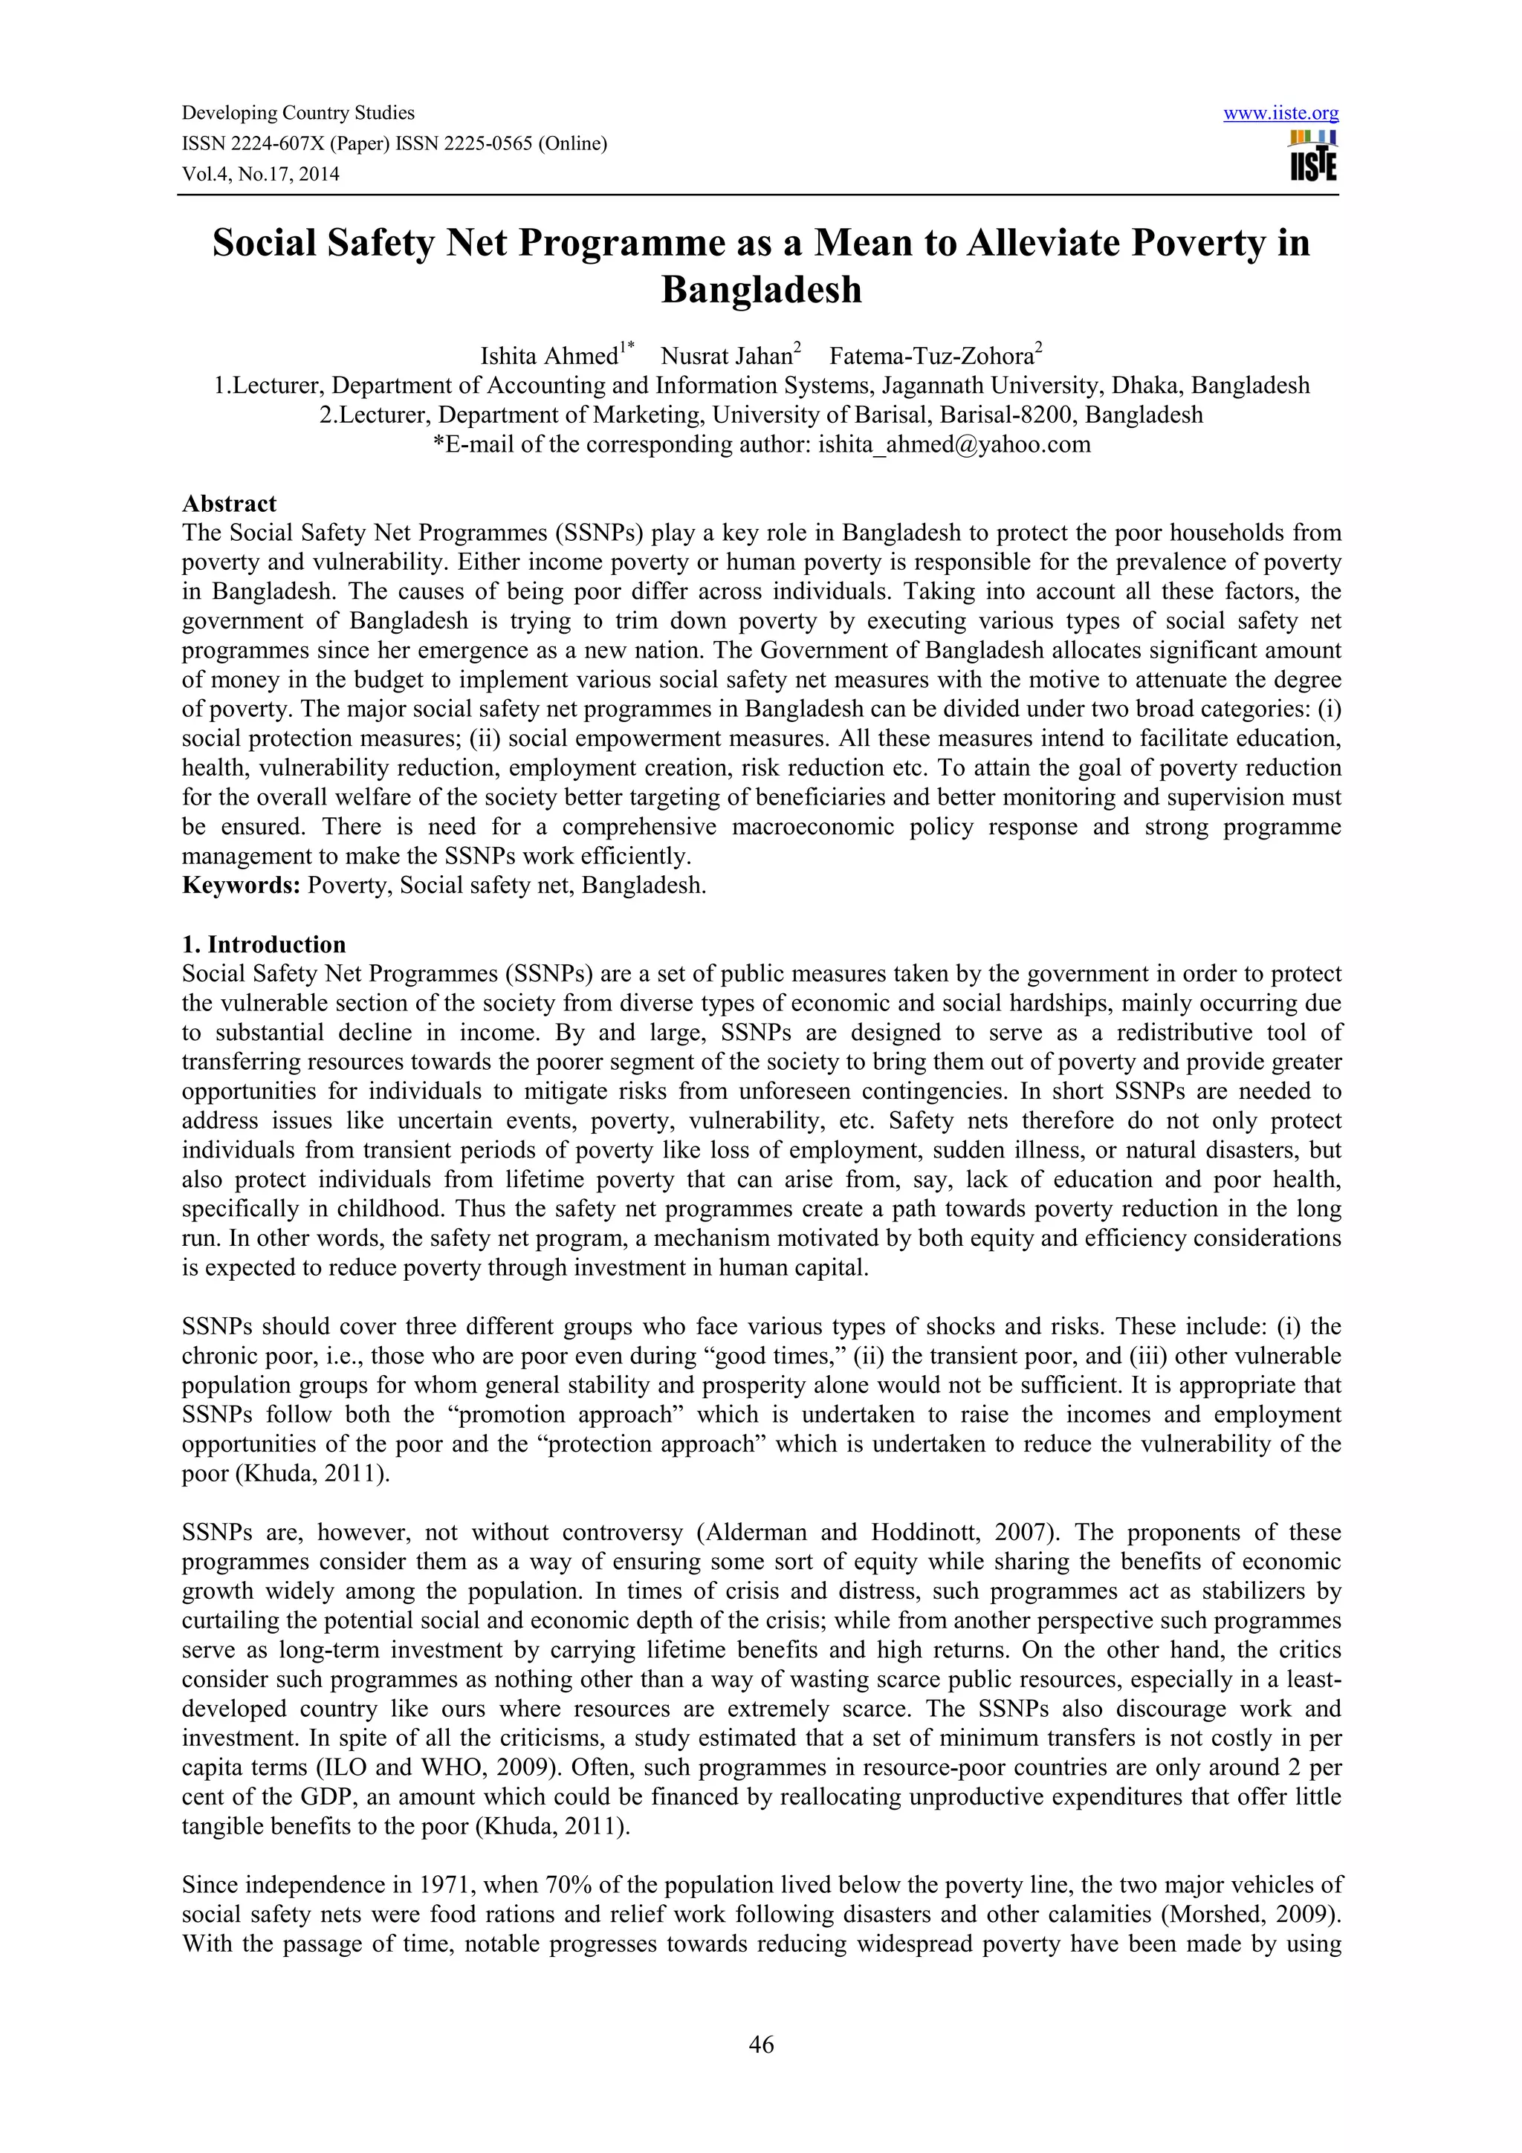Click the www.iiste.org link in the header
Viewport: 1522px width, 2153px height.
click(x=1281, y=114)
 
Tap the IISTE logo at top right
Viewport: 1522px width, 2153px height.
click(x=1313, y=156)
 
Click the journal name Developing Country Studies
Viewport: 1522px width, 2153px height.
click(x=298, y=114)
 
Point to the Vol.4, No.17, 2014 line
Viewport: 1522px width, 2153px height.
click(x=261, y=175)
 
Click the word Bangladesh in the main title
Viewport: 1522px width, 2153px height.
click(x=760, y=290)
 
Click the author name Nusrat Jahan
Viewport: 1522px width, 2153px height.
click(x=726, y=357)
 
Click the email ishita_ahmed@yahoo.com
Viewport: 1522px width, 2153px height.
click(x=953, y=444)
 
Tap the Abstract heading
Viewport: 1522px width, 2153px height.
click(x=229, y=504)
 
